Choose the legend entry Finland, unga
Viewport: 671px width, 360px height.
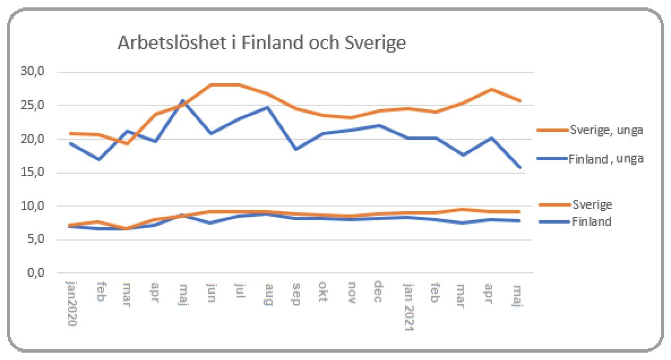click(x=606, y=159)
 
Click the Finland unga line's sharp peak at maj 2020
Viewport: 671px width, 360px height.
click(x=183, y=101)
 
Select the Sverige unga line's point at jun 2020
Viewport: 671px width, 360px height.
click(x=211, y=85)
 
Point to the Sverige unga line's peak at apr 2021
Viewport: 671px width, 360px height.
click(x=491, y=89)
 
